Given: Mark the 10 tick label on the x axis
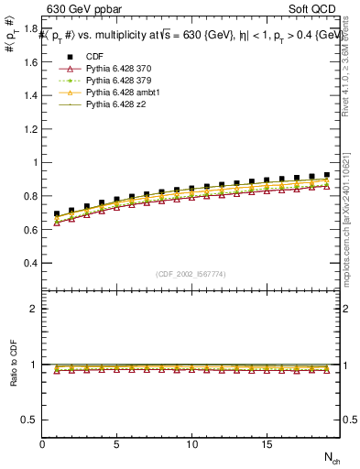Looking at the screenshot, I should [191, 445].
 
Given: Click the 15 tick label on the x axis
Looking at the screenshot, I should [266, 445].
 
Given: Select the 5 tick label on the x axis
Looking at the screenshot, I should [116, 445].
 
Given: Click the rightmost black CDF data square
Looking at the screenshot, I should [326, 175].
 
